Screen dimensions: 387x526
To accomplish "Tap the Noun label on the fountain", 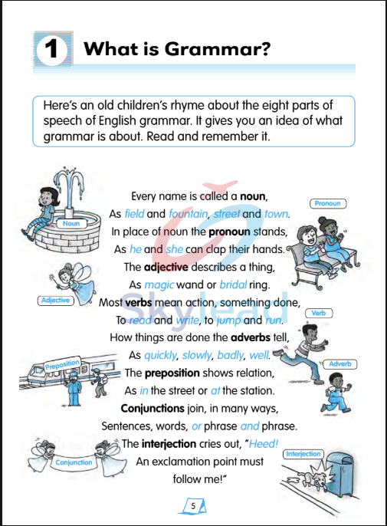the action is (71, 224).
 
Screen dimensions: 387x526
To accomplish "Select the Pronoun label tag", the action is (328, 203).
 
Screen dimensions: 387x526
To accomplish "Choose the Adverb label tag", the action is (341, 363).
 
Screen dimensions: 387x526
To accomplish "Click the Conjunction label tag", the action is (74, 462).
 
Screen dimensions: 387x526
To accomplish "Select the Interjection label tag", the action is (303, 454).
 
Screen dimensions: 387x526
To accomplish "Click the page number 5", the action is (194, 505).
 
